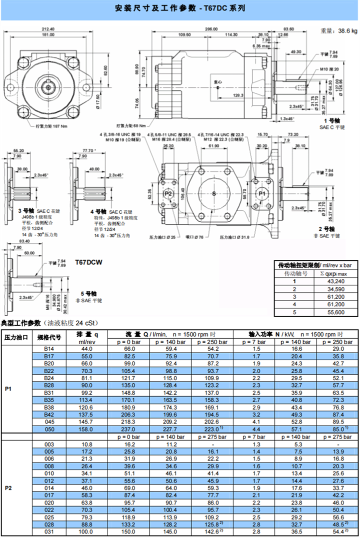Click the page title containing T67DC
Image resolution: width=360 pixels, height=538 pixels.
coord(179,8)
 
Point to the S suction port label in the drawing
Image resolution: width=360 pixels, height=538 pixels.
coord(214,193)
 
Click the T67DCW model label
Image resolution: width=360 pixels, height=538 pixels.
coord(88,261)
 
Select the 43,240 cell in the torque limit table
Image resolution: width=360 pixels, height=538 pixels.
coord(335,281)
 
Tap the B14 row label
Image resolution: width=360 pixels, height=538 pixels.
coord(49,348)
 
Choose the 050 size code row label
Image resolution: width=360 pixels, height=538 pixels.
coord(49,429)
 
